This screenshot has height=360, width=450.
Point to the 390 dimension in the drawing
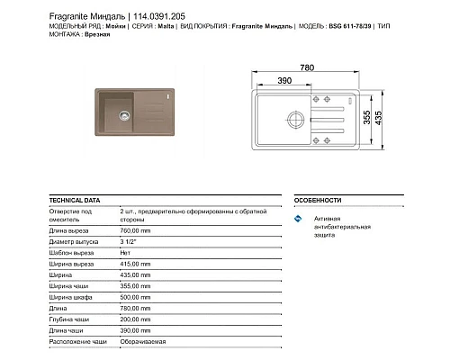[283, 81]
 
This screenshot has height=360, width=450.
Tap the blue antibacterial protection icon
[299, 220]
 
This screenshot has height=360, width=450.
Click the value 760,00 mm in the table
[137, 229]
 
